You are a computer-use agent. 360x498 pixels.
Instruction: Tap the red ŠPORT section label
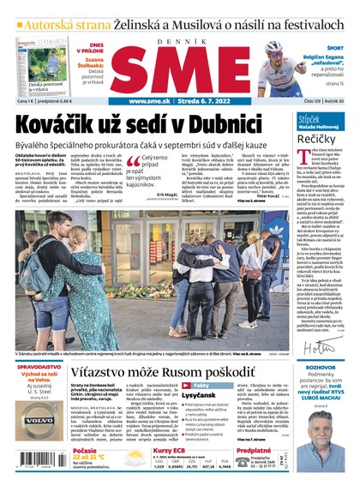coord(336,49)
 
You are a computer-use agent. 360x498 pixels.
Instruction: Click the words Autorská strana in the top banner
coord(57,12)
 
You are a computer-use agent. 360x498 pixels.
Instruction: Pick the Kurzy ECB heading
coord(169,449)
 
